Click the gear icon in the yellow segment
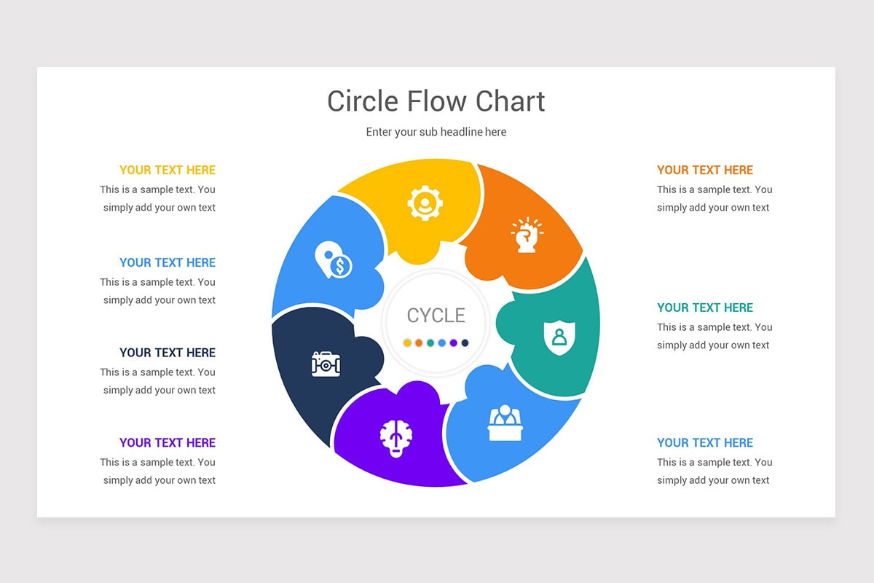(425, 203)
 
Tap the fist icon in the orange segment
(527, 235)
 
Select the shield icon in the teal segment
(559, 337)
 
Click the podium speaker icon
(505, 423)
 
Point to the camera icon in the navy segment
(326, 364)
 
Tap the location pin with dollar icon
(334, 259)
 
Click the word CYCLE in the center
(436, 316)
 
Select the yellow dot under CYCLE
(407, 343)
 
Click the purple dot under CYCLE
(453, 343)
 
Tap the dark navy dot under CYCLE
(465, 343)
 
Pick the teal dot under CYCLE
(430, 343)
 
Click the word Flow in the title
(436, 101)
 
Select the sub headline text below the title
(436, 132)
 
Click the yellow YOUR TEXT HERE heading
(168, 171)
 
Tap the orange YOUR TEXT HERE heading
(705, 171)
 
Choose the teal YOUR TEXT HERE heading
(705, 308)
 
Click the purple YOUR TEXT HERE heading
(168, 443)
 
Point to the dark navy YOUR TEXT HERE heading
(168, 353)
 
